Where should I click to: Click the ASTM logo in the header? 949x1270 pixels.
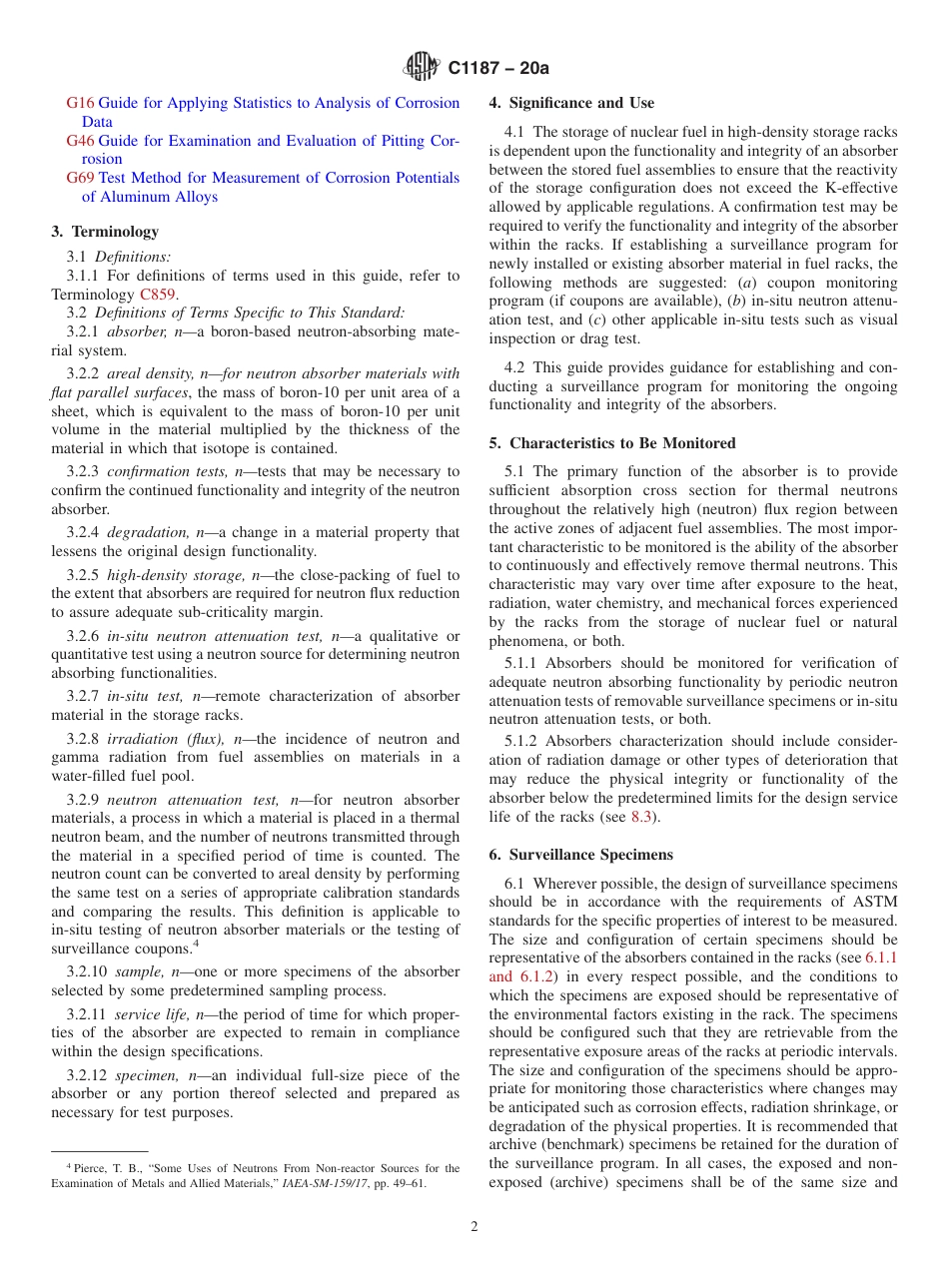[x=421, y=68]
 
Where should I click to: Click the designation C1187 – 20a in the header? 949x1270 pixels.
[x=498, y=69]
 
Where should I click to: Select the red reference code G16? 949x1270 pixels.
[x=80, y=103]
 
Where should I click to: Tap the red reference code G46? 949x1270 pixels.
[x=80, y=141]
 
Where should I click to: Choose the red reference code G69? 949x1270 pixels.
[x=80, y=178]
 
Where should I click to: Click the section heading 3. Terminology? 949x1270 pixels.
[x=105, y=232]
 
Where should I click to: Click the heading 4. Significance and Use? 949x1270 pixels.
[x=571, y=103]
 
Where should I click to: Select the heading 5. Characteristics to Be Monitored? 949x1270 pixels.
[x=611, y=443]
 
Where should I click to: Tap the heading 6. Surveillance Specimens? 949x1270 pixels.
[x=580, y=855]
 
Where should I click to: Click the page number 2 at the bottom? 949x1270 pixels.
[x=474, y=1227]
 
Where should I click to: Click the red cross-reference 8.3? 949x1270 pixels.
[x=642, y=817]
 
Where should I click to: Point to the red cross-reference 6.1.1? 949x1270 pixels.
[x=880, y=957]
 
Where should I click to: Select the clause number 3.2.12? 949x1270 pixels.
[x=88, y=1075]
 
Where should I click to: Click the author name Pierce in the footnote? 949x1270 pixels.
[x=90, y=1168]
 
